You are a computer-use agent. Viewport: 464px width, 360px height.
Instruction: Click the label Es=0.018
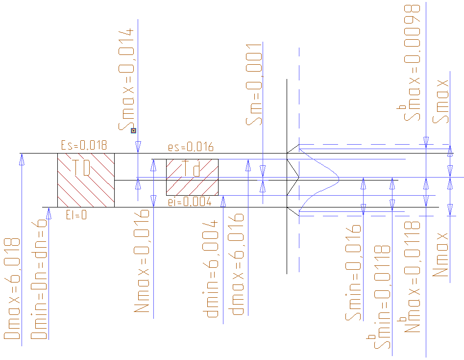click(84, 145)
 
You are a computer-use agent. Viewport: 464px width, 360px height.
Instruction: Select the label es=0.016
click(191, 148)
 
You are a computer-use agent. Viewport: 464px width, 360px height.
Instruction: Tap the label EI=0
click(76, 214)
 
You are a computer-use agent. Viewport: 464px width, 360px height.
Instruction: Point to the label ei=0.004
click(189, 201)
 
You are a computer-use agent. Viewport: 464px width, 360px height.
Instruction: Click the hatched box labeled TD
click(86, 180)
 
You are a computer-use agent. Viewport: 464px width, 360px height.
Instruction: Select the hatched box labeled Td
click(192, 177)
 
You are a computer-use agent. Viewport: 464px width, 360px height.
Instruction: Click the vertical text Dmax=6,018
click(12, 289)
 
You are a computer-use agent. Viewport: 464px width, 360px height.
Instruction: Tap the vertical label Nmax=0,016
click(142, 261)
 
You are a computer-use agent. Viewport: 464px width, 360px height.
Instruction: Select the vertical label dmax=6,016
click(238, 264)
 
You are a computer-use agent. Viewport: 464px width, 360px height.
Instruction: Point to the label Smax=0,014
click(125, 78)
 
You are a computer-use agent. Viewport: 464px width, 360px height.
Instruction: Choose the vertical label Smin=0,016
click(353, 273)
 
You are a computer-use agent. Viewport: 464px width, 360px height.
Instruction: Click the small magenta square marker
click(133, 130)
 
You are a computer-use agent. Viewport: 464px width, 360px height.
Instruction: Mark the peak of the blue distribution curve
click(339, 180)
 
